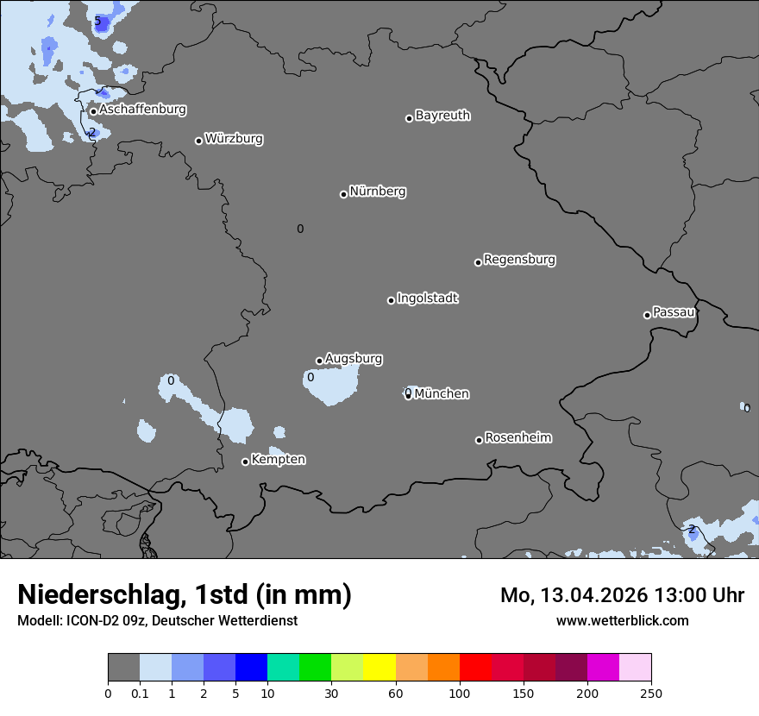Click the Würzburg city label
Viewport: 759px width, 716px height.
[234, 139]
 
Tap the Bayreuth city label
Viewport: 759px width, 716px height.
[442, 116]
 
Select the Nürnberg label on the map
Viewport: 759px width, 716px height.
[378, 192]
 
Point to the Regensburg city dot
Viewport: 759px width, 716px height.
[478, 262]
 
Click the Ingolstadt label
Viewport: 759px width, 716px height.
[427, 298]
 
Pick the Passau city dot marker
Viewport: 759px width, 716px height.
[647, 315]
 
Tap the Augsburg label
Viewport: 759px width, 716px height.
[354, 359]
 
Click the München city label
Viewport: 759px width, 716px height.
[442, 394]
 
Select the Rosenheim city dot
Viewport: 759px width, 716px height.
[479, 441]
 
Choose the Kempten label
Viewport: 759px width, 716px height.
[278, 460]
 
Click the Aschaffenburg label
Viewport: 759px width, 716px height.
[142, 110]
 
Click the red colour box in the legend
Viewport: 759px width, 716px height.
[475, 668]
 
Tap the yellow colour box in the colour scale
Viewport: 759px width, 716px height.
[379, 668]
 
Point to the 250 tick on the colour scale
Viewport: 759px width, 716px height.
[651, 693]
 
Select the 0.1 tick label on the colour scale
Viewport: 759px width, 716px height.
[140, 693]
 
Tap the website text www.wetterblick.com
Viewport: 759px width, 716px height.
[622, 620]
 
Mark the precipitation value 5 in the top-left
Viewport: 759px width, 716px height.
[97, 21]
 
